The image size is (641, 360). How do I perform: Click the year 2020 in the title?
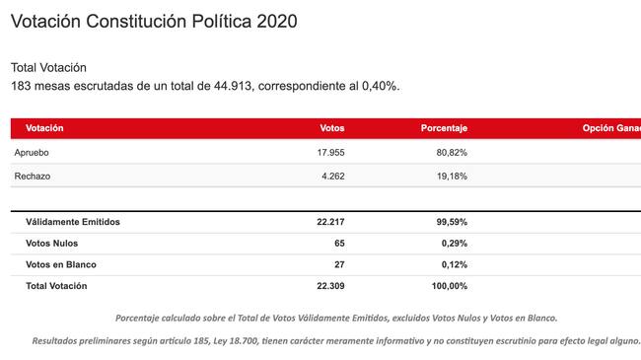pos(277,22)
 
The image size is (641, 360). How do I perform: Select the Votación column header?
pos(44,128)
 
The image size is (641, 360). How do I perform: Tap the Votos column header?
pos(332,128)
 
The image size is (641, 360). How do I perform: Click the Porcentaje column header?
pos(444,128)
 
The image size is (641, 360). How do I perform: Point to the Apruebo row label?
pos(32,153)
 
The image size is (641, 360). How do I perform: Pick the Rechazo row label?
pos(33,177)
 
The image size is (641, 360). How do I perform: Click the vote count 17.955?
pos(330,153)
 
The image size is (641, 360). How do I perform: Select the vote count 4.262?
pos(332,177)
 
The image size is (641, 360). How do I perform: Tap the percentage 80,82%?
pos(452,153)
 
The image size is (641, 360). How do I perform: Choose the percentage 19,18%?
pos(452,177)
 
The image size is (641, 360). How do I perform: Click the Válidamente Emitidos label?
pos(73,222)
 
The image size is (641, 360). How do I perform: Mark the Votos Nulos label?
pos(52,244)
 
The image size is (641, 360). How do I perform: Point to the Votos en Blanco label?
pos(61,264)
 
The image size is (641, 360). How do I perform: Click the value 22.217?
pos(330,222)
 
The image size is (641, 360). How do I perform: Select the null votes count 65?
pos(339,244)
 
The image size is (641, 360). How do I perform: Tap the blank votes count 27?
pos(339,264)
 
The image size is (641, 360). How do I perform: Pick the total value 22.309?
pos(330,286)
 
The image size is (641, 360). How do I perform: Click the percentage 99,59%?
pos(452,222)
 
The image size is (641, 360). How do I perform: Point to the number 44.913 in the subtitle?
pos(233,86)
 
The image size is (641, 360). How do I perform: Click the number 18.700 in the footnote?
pos(244,341)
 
